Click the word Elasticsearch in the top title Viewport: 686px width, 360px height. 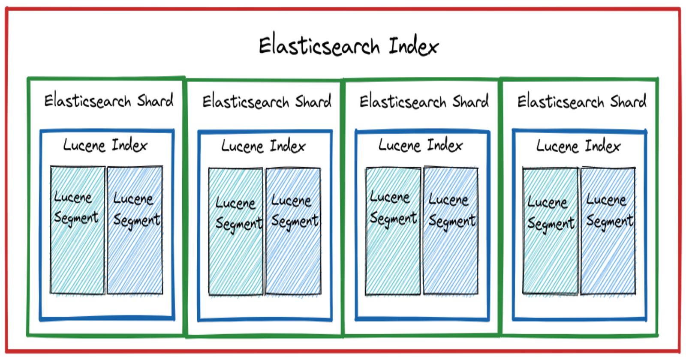point(319,46)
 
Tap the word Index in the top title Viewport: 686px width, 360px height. point(413,46)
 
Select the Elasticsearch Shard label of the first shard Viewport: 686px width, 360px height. point(109,101)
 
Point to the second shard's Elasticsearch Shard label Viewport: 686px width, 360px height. point(267,102)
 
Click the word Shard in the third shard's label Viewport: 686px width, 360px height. point(470,102)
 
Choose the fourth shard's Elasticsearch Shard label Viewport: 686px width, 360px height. point(581,102)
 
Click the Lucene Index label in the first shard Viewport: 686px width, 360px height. point(105,145)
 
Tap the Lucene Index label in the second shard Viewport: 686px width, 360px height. point(263,146)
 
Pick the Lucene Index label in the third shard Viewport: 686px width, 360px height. point(421,145)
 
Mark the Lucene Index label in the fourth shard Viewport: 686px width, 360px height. point(578,146)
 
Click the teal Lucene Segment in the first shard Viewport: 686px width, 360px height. point(78,230)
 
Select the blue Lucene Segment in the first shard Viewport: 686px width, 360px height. point(135,230)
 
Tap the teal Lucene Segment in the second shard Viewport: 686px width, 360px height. point(235,231)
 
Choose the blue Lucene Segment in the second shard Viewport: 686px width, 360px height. point(293,231)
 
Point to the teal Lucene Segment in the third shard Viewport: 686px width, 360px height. point(393,231)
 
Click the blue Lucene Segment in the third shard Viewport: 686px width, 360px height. point(451,231)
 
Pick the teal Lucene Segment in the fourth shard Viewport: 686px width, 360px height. point(550,231)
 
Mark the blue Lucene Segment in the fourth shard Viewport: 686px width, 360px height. point(608,231)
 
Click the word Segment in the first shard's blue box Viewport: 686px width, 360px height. point(137,220)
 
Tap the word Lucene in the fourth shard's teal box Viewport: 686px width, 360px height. point(547,202)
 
